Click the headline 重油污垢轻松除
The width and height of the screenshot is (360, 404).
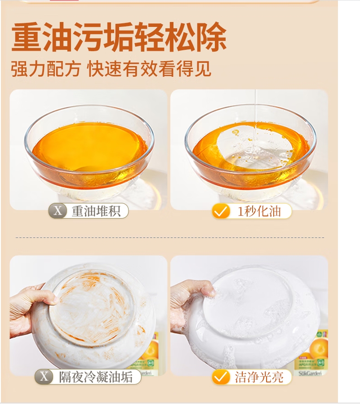coord(119,37)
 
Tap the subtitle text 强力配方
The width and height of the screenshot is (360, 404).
coord(46,69)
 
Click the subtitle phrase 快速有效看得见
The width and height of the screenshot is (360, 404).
coord(149,69)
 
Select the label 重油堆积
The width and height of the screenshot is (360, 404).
coord(96,211)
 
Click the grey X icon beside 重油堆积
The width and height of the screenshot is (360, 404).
coord(58,211)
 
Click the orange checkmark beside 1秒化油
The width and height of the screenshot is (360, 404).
coord(221,211)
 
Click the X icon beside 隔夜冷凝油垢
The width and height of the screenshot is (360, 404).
coord(44,377)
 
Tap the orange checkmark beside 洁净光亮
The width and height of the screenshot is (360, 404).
coord(221,377)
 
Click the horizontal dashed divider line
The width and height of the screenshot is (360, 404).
coord(170,237)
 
